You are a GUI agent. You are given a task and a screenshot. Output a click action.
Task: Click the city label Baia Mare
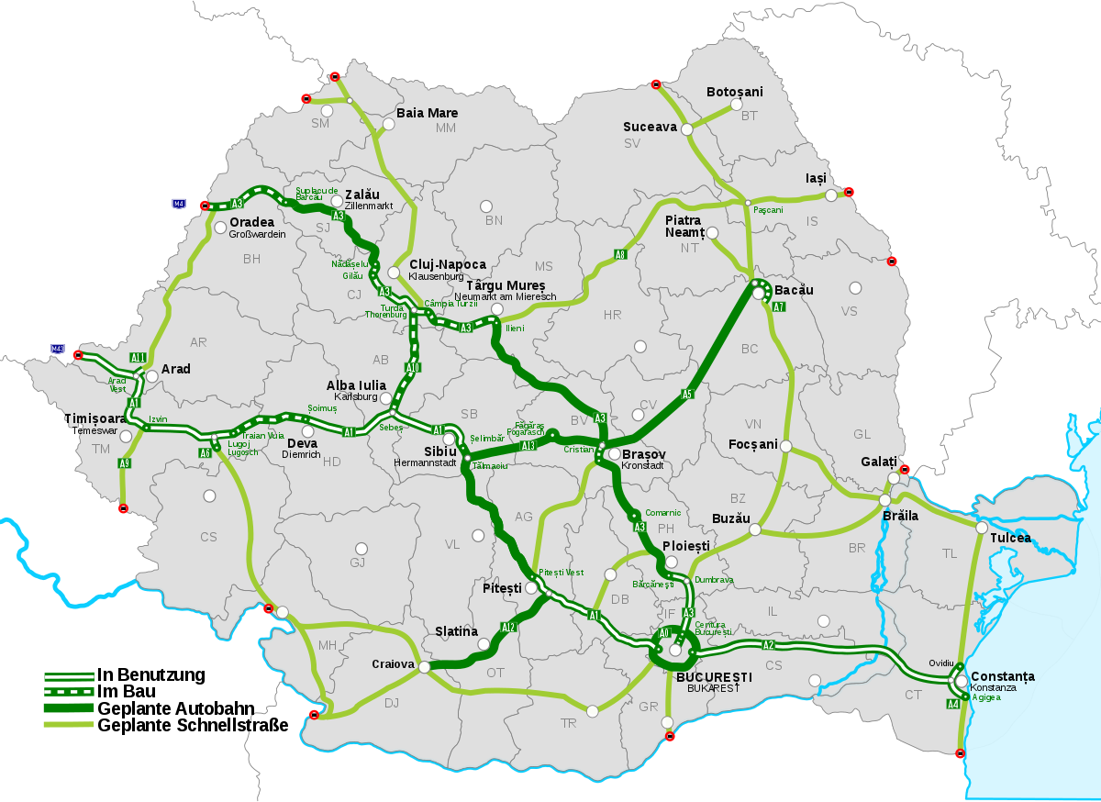click(427, 113)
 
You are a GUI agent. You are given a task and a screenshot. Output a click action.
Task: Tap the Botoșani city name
click(734, 92)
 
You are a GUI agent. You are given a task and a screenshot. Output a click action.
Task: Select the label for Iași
click(816, 177)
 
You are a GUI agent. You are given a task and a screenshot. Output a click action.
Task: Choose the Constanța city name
click(1003, 676)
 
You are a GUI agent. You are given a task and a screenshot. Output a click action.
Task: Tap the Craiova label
click(395, 663)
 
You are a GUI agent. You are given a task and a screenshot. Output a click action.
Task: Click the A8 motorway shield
click(620, 254)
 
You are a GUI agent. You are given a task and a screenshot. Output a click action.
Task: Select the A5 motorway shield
click(686, 394)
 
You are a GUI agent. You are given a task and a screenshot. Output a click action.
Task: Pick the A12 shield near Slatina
click(508, 628)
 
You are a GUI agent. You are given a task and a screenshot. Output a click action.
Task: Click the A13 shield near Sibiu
click(528, 446)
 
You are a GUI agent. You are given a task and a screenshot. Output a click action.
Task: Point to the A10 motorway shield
click(413, 368)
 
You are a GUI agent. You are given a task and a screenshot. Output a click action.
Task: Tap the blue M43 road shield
click(58, 349)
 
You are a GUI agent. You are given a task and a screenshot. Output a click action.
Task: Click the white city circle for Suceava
click(686, 129)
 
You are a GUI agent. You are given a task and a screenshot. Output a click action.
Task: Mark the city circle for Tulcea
click(982, 528)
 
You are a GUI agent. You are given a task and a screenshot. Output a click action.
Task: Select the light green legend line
click(69, 724)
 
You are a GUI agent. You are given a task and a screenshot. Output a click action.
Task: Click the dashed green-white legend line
click(69, 691)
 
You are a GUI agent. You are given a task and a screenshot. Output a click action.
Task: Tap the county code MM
click(446, 128)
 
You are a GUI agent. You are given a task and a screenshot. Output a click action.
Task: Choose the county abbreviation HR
click(612, 315)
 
